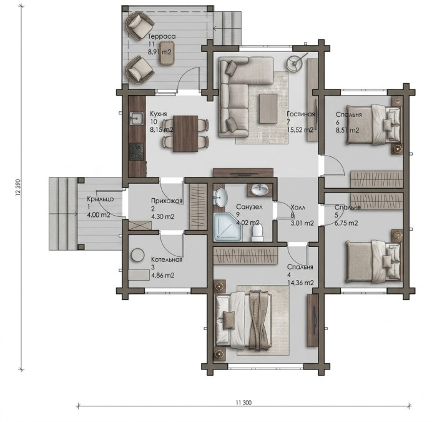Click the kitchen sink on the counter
(137, 119)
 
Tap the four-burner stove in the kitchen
(137, 151)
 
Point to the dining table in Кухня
(185, 134)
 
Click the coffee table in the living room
(268, 109)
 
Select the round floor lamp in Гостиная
(295, 63)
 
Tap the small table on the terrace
(167, 53)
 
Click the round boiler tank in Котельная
(138, 255)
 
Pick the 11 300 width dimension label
(243, 403)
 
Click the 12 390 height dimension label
(19, 188)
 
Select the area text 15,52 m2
(300, 130)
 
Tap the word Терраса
(162, 36)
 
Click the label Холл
(298, 208)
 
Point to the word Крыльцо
(101, 199)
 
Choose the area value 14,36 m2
(300, 283)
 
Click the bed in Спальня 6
(373, 124)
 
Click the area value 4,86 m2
(163, 276)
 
